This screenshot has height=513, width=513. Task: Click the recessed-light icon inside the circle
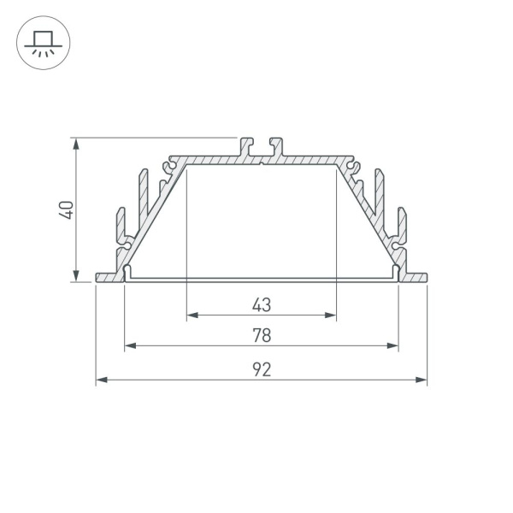point(44,44)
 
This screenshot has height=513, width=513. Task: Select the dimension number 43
point(262,304)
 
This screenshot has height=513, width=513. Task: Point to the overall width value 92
point(262,369)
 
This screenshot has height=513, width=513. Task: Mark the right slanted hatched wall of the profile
point(369,214)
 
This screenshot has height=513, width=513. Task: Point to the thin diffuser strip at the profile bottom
point(262,279)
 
